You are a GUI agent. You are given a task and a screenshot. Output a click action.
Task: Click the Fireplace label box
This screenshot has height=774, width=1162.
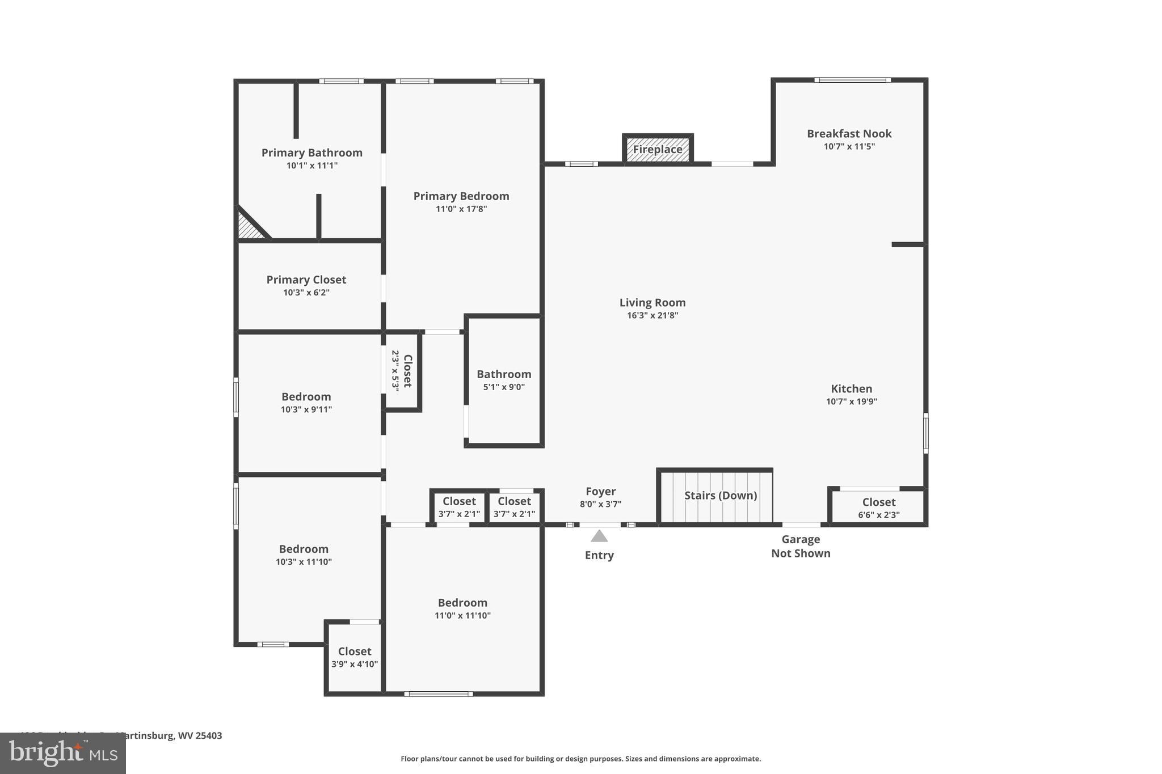tap(658, 150)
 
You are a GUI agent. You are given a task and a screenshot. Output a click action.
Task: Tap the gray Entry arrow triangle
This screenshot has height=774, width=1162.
tap(599, 536)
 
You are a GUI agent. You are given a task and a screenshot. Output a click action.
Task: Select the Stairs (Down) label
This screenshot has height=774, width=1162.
tap(721, 496)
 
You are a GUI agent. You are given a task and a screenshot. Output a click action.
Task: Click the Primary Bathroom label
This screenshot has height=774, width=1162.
tap(311, 153)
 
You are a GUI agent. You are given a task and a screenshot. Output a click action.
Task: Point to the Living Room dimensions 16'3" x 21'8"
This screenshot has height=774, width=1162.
tap(652, 316)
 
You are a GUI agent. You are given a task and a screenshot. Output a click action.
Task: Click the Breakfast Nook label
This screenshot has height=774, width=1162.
tap(849, 134)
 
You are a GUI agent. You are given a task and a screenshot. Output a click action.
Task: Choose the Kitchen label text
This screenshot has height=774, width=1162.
tap(851, 389)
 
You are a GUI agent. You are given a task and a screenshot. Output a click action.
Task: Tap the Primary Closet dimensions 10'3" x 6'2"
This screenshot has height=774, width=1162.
tap(306, 293)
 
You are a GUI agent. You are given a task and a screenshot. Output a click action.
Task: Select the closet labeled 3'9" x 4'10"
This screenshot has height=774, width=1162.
tap(355, 657)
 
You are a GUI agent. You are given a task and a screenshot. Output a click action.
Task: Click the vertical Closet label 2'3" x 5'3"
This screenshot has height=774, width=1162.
tap(402, 370)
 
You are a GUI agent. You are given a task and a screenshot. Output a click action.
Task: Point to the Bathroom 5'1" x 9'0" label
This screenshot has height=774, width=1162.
tap(504, 380)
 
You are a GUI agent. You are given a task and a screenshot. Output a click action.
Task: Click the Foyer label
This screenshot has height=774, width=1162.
tap(600, 492)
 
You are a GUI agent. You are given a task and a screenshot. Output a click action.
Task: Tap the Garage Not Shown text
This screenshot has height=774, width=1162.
tap(801, 546)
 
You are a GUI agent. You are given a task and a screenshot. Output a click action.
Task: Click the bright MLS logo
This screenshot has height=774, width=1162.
tap(63, 754)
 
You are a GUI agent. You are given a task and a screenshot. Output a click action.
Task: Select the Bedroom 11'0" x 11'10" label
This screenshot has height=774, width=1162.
tap(462, 608)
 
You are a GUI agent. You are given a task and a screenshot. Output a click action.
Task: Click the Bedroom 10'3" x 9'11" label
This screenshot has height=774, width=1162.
tap(306, 403)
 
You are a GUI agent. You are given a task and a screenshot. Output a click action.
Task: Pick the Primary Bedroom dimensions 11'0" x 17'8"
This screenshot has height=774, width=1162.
tap(461, 209)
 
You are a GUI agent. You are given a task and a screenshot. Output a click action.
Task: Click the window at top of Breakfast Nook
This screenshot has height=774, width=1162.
tap(852, 80)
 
